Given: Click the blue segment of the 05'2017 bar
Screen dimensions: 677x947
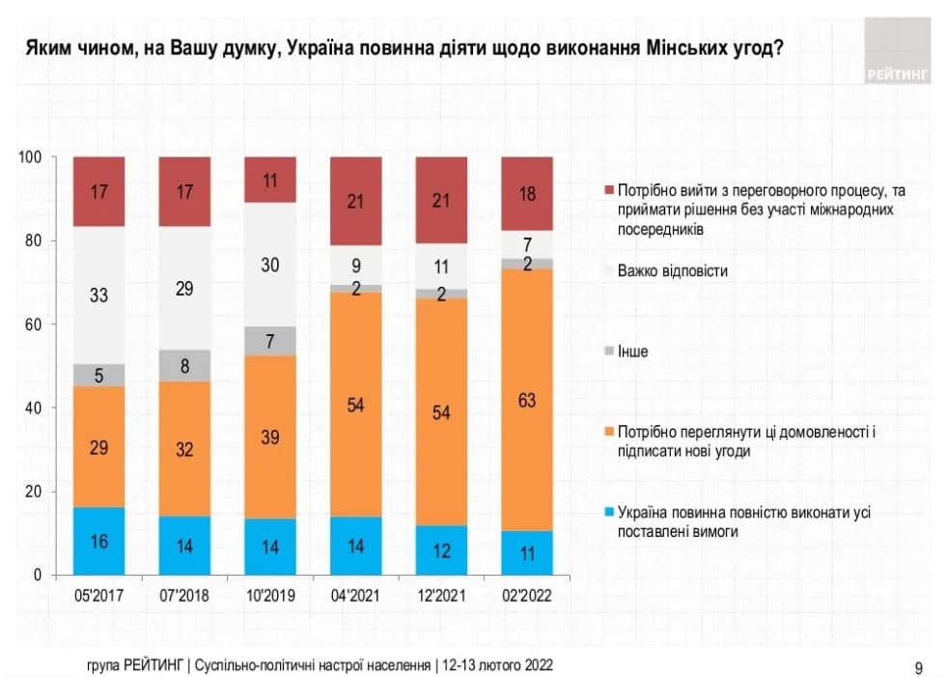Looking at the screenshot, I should coord(99,541).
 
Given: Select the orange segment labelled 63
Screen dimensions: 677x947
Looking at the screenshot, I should coord(527,400).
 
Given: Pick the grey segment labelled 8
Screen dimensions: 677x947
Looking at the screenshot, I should coord(184,365).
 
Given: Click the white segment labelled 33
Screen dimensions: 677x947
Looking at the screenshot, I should coord(99,296).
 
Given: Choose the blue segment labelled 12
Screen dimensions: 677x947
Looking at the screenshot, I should coord(442,550).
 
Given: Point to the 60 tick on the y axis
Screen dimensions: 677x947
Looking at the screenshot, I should coord(34,324).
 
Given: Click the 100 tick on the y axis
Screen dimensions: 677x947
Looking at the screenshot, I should coord(31,156).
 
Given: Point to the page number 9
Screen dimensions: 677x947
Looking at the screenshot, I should coord(918,666).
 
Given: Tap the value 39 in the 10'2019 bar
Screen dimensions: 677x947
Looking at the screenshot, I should coord(270,437).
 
